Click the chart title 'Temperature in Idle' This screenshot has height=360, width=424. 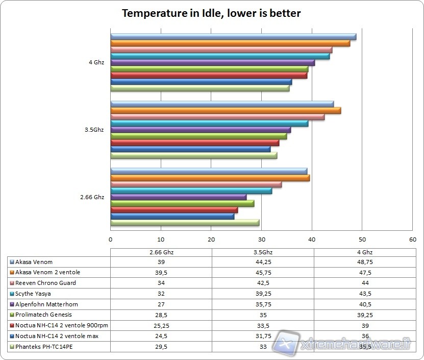[x=211, y=13]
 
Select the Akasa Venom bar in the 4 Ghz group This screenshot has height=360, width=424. [x=233, y=37]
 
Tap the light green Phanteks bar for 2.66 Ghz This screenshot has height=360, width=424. [x=185, y=223]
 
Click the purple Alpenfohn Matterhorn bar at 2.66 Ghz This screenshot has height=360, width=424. [x=179, y=197]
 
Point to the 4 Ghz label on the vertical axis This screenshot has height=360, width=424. [x=96, y=62]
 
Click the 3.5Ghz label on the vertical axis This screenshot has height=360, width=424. [x=94, y=130]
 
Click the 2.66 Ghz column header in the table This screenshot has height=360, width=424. [x=161, y=252]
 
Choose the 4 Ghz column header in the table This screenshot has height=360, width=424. [x=364, y=252]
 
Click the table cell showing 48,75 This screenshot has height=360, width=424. [x=364, y=262]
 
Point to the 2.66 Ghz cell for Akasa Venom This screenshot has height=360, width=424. [x=161, y=262]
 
